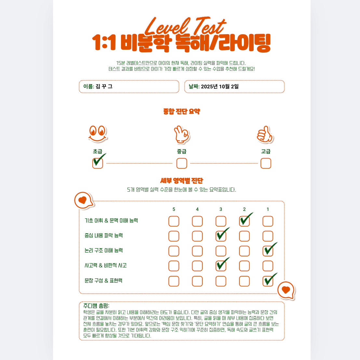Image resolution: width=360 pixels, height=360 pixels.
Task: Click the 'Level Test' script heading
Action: click(185, 26)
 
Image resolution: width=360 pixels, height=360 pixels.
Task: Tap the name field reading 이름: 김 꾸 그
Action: click(129, 86)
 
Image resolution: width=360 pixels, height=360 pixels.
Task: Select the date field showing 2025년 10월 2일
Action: click(234, 86)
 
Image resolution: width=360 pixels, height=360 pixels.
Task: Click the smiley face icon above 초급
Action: click(98, 134)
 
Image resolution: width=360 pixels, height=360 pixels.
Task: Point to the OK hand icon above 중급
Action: click(182, 135)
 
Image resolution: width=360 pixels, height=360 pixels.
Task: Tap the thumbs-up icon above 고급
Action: click(265, 135)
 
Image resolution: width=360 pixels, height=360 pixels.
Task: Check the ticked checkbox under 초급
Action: click(98, 163)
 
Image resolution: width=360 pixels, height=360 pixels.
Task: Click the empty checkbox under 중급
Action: click(182, 163)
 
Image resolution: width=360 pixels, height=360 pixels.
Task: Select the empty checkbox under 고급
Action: click(266, 163)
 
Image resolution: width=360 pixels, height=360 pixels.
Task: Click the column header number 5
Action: click(174, 209)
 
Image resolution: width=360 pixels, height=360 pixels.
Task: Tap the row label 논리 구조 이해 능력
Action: click(104, 251)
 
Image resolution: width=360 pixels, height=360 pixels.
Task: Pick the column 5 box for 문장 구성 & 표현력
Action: click(174, 281)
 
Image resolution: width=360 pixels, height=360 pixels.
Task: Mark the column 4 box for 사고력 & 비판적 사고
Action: click(197, 266)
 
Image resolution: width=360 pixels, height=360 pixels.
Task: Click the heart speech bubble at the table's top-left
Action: click(84, 201)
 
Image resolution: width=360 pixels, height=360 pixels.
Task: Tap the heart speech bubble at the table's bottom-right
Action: click(286, 290)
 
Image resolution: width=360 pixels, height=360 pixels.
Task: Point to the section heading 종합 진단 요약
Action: click(182, 111)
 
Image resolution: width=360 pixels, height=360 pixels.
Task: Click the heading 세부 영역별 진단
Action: click(182, 181)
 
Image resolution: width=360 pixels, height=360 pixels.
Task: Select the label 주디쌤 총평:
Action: click(96, 306)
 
